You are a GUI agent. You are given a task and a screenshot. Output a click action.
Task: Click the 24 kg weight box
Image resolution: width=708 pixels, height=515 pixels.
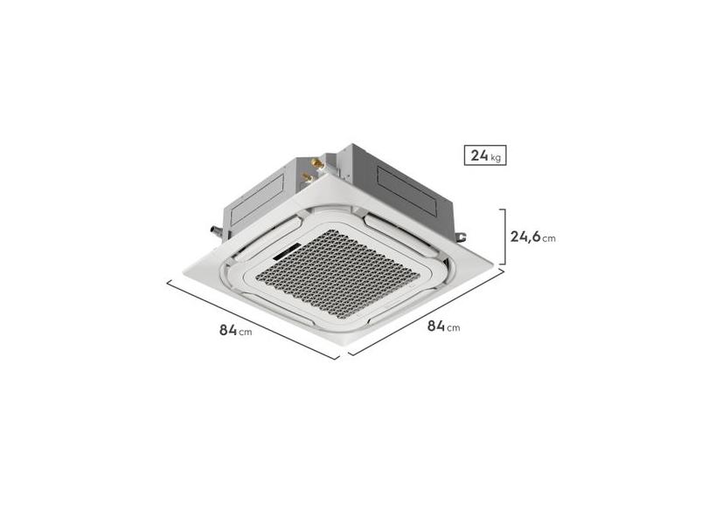[x=485, y=155]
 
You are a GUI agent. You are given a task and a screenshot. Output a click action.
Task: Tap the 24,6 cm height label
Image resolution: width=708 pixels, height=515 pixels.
[x=533, y=237]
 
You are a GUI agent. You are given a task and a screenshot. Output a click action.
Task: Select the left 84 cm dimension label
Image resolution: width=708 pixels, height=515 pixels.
[x=235, y=330]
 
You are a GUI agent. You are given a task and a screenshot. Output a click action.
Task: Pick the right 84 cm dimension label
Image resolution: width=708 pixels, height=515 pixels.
[x=443, y=326]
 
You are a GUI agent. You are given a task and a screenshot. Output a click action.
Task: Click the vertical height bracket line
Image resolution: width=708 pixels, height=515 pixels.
[x=504, y=237]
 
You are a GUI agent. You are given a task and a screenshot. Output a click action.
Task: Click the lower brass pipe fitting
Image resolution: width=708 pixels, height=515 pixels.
[x=308, y=176]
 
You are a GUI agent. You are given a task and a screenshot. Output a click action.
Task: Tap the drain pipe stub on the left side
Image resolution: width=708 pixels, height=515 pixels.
[x=216, y=231]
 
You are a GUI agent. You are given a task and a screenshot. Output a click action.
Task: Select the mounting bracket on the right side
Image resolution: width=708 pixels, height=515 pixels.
[x=460, y=237]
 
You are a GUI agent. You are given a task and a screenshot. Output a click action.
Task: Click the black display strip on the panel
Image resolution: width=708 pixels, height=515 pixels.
[x=286, y=251]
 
